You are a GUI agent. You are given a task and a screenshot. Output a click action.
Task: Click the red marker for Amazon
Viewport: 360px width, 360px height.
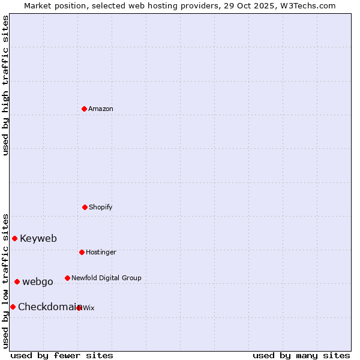(84, 109)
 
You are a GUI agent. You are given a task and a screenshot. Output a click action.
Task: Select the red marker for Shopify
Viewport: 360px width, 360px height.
(85, 207)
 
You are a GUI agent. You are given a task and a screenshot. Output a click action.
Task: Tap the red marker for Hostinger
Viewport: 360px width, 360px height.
(82, 252)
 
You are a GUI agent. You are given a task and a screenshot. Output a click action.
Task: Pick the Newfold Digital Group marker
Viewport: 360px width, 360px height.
(67, 278)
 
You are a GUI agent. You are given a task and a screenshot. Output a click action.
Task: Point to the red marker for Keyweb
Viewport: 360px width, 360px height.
(14, 238)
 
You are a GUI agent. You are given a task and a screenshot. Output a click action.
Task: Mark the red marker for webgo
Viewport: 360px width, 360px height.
(17, 281)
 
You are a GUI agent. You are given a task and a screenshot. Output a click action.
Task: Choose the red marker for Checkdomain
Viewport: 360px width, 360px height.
(13, 307)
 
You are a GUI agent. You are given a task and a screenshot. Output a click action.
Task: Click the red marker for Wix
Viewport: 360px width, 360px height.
(79, 308)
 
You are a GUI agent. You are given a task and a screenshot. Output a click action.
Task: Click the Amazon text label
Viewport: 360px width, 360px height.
(101, 109)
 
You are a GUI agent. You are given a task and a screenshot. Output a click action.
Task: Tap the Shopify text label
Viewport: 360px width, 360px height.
(101, 207)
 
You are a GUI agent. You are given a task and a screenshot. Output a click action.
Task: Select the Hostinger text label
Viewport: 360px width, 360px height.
(101, 252)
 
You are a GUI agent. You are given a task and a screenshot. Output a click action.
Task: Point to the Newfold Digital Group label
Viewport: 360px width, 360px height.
(106, 278)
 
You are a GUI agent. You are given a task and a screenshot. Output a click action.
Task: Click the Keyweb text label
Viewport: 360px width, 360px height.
(38, 238)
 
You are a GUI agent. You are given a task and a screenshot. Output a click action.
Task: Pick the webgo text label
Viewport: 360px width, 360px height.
(38, 281)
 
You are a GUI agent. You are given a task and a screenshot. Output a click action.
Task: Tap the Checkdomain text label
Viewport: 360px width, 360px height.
(48, 307)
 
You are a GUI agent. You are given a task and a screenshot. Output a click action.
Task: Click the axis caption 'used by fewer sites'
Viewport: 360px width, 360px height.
(62, 355)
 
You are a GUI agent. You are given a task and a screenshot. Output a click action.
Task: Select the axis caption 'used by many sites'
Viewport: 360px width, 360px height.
(301, 355)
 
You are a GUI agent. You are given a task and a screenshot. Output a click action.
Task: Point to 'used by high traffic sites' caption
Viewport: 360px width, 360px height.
(6, 85)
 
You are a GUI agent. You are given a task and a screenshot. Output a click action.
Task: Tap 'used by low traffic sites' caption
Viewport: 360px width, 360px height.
(6, 280)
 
